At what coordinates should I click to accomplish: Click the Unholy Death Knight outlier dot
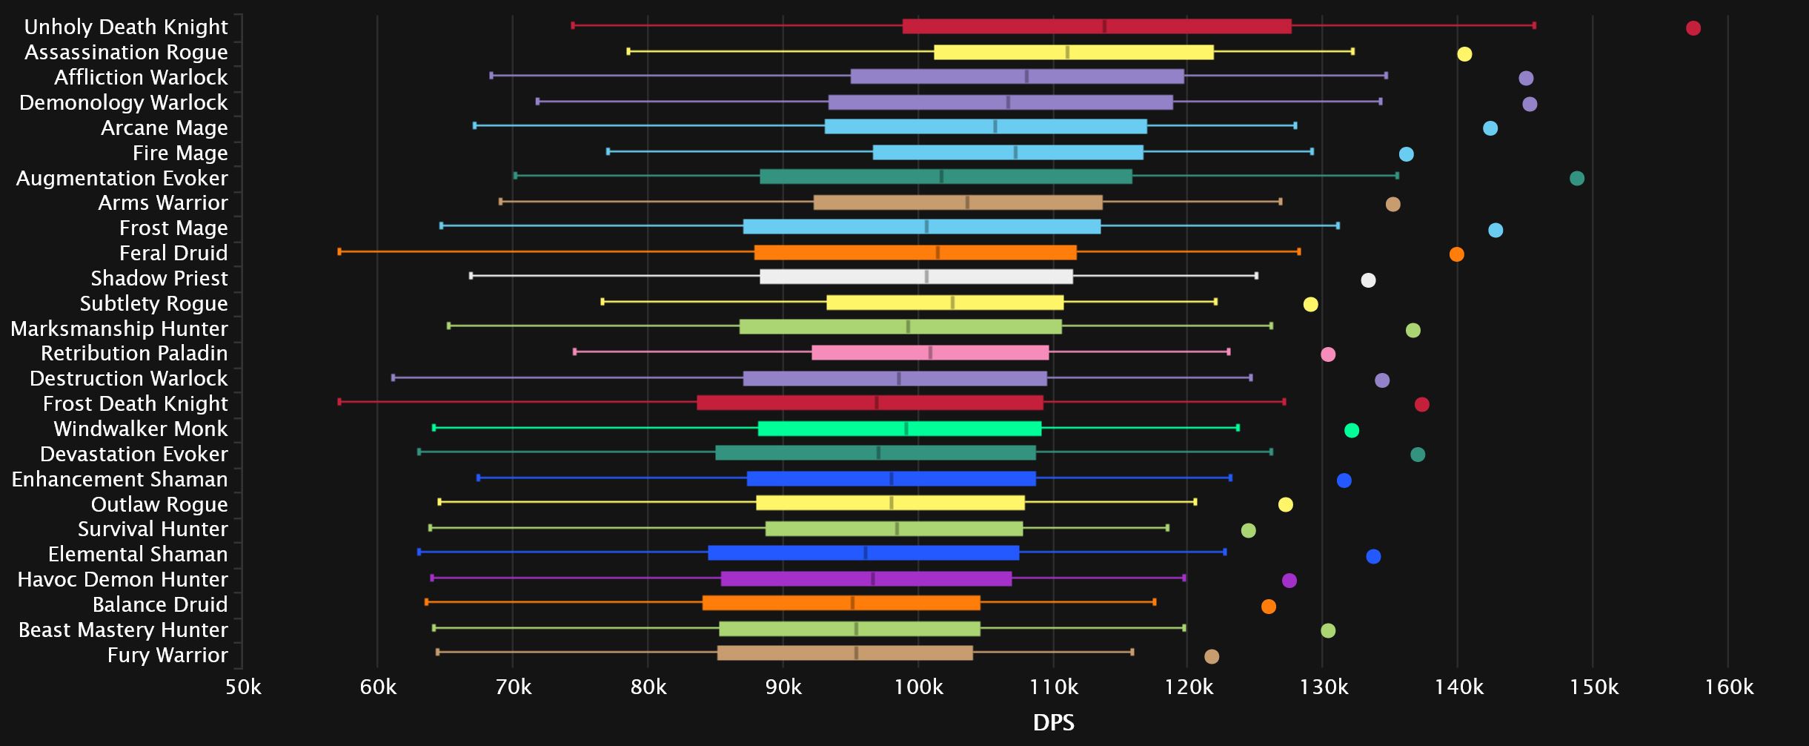[x=1693, y=28]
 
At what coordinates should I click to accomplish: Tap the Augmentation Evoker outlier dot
[x=1577, y=178]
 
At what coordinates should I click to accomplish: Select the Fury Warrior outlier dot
[x=1212, y=656]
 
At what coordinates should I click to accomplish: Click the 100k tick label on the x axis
[x=919, y=687]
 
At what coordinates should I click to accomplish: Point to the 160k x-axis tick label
[x=1729, y=687]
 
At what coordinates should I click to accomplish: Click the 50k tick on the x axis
[x=243, y=687]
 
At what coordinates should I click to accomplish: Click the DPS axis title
[x=1053, y=722]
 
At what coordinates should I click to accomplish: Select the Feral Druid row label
[x=173, y=253]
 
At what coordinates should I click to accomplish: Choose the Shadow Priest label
[x=159, y=278]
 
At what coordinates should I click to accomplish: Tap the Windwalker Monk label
[x=141, y=429]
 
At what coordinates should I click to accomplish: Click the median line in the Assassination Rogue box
[x=1067, y=52]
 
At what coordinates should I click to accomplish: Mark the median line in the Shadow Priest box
[x=926, y=277]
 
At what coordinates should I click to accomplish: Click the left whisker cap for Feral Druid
[x=339, y=252]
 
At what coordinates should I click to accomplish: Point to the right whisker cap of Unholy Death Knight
[x=1534, y=26]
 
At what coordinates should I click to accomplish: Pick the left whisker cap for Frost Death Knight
[x=339, y=402]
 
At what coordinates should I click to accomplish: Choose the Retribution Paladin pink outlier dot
[x=1328, y=354]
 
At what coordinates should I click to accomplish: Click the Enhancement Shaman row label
[x=119, y=479]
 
